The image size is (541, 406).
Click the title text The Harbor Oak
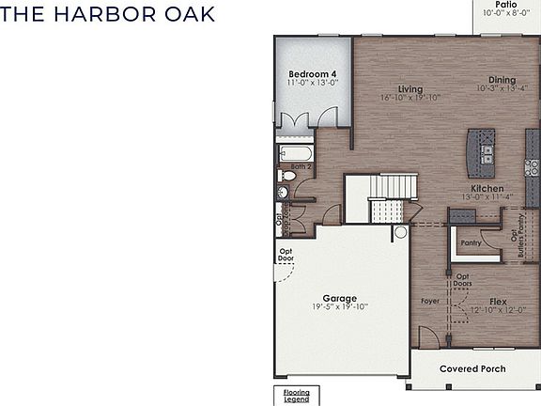click(108, 15)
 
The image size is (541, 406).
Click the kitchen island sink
click(487, 151)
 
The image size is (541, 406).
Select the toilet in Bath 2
click(282, 192)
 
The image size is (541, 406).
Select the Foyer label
click(430, 303)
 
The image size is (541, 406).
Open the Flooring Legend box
click(296, 396)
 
